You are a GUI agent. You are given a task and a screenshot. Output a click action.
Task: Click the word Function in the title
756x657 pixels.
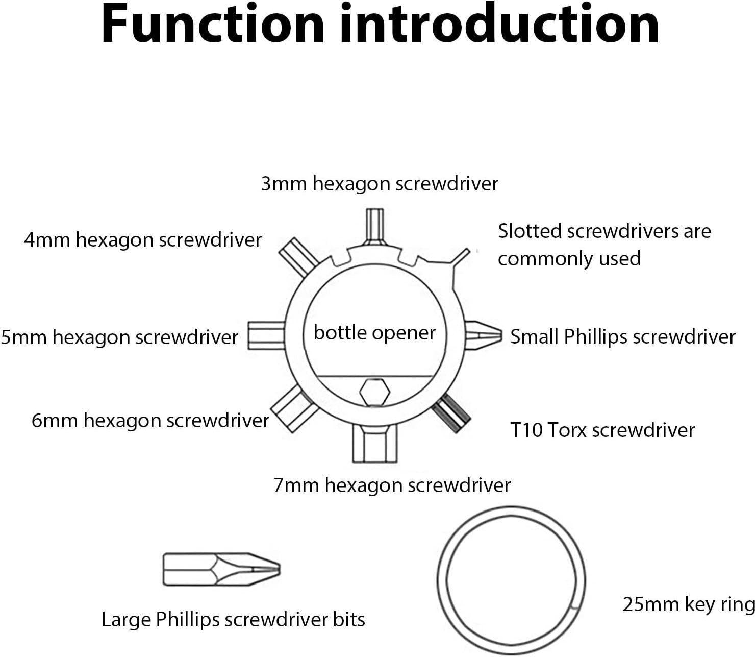pos(213,24)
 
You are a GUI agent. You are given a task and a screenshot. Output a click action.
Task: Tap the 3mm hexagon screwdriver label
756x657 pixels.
pos(380,184)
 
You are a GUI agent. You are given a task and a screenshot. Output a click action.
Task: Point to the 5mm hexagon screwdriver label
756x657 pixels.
pos(119,337)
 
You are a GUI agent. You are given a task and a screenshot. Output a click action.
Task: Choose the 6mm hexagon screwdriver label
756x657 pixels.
pos(150,421)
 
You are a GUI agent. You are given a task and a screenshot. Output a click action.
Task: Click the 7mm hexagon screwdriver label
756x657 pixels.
pos(392,485)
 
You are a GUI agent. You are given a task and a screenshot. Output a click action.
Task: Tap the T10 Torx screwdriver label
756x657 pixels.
pos(602,430)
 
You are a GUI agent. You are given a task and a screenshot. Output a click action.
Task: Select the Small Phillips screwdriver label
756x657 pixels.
pos(623,337)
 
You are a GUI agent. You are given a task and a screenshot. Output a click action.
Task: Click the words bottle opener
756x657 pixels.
pos(374,333)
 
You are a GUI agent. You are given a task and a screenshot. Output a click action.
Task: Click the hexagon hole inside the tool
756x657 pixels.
pos(374,393)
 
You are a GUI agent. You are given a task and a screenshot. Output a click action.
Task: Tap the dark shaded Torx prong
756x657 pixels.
pos(451,413)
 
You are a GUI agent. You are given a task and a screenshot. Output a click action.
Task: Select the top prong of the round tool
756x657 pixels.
pos(374,226)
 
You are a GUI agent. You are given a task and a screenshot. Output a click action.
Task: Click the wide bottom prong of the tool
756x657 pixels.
pos(374,443)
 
